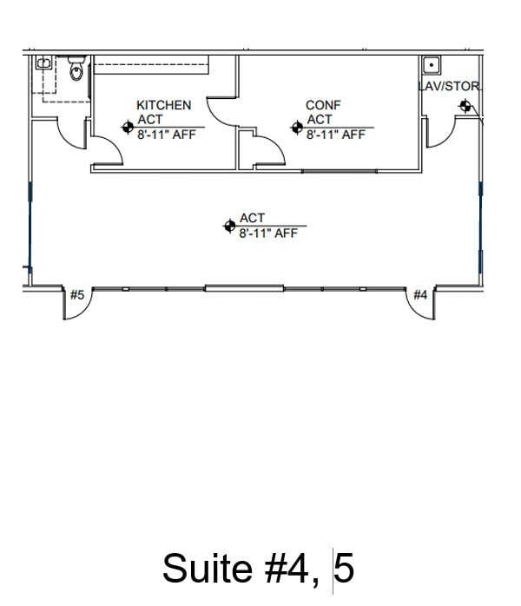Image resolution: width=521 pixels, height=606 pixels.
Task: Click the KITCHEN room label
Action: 163,105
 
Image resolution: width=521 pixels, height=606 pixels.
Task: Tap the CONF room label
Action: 323,105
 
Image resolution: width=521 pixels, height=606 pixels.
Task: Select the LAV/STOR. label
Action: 450,87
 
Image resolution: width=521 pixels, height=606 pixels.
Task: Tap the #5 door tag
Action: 77,295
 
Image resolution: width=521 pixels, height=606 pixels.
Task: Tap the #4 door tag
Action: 420,295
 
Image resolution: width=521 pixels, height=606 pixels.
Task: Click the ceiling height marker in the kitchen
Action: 128,128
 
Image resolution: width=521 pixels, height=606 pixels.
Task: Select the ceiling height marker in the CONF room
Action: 297,128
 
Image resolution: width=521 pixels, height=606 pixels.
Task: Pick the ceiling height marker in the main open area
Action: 229,226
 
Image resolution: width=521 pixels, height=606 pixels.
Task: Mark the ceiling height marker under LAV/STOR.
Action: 466,107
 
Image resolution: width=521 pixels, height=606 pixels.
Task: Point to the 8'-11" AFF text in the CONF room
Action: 336,135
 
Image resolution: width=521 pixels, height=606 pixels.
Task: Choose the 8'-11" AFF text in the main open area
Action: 268,233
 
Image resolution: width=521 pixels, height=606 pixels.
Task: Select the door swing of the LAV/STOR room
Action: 441,132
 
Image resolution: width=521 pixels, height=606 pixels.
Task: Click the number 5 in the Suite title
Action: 344,569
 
